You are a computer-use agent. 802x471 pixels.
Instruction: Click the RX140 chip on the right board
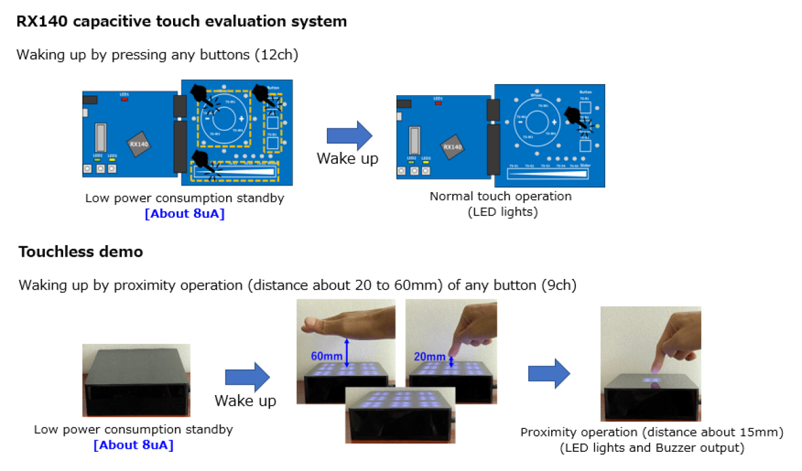point(452,147)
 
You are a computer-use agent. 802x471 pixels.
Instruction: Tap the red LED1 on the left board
point(125,99)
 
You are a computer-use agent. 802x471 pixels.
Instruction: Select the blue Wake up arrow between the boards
point(349,135)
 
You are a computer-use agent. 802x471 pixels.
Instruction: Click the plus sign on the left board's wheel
point(241,119)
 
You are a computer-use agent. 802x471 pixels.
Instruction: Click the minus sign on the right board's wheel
point(520,121)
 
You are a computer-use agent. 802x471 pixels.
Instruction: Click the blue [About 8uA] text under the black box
point(133,444)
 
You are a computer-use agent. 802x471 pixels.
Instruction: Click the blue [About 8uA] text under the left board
point(185,213)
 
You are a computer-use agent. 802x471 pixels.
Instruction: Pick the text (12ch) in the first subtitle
point(276,55)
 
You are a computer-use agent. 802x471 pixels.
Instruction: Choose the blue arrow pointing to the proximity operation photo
point(549,373)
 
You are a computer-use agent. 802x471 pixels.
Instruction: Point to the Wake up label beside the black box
point(245,400)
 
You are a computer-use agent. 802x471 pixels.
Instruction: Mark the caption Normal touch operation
point(500,196)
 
